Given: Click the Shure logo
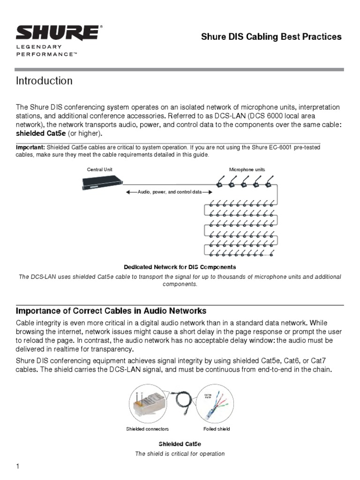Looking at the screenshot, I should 58,33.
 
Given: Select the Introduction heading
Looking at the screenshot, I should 44,81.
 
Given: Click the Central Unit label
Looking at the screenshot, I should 99,169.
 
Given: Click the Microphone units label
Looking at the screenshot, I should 247,169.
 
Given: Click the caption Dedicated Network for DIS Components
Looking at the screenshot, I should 180,267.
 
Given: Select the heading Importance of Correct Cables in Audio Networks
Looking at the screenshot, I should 111,311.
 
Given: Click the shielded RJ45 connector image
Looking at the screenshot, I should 147,405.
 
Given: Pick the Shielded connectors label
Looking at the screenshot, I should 147,429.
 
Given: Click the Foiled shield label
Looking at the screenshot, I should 216,429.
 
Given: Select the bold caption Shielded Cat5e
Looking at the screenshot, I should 180,443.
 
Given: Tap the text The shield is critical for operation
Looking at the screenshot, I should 180,454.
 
